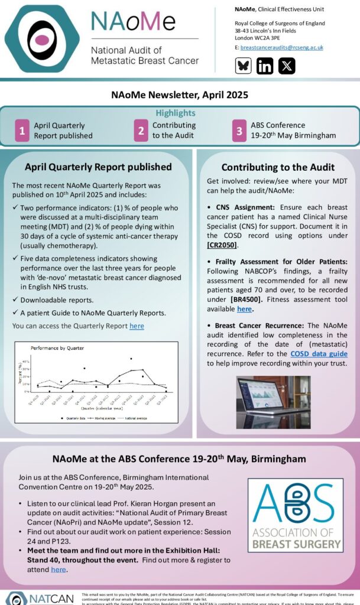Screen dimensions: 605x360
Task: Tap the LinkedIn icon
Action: [x=265, y=66]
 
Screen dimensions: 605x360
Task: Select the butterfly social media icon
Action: [x=243, y=66]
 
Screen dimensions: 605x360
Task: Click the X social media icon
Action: [x=287, y=66]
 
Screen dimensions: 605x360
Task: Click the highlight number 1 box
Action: [x=22, y=131]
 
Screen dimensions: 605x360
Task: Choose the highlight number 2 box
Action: [x=141, y=131]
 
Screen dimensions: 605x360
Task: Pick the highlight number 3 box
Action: [x=239, y=131]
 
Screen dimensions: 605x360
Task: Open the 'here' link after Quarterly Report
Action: [x=137, y=326]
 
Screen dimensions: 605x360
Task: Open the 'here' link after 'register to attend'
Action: [x=59, y=570]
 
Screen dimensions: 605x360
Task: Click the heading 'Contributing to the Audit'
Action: [x=278, y=167]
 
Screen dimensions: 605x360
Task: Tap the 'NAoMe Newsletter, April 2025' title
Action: [x=180, y=95]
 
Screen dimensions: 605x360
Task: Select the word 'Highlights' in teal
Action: [x=176, y=113]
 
